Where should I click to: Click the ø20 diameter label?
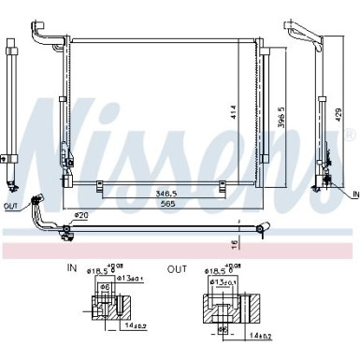[x=80, y=217]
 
